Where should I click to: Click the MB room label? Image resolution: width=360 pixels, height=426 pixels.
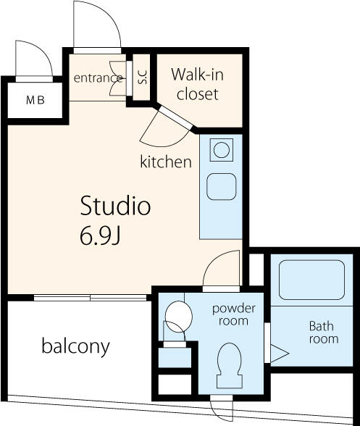tap(35, 101)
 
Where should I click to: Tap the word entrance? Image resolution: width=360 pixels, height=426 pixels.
tap(98, 78)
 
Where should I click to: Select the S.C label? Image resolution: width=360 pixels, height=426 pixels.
tap(142, 77)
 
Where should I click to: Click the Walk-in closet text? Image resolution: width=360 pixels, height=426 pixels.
tap(197, 84)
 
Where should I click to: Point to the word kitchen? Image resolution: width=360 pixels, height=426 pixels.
tap(166, 162)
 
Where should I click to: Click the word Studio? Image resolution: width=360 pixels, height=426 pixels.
tap(115, 206)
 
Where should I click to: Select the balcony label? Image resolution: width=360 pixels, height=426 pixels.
tap(75, 346)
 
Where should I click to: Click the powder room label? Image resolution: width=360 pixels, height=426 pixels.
tap(234, 314)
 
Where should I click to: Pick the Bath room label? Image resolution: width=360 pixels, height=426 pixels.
tap(324, 333)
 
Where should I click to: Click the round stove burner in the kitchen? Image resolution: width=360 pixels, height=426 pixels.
tap(222, 150)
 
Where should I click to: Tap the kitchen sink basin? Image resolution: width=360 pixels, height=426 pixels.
tap(221, 186)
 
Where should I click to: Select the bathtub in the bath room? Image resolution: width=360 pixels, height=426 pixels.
tap(312, 280)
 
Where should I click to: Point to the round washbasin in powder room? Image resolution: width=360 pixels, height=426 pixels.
tap(178, 316)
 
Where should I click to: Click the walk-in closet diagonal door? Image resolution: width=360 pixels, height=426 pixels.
tap(175, 117)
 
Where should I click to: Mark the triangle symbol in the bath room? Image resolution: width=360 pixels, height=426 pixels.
tap(280, 354)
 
